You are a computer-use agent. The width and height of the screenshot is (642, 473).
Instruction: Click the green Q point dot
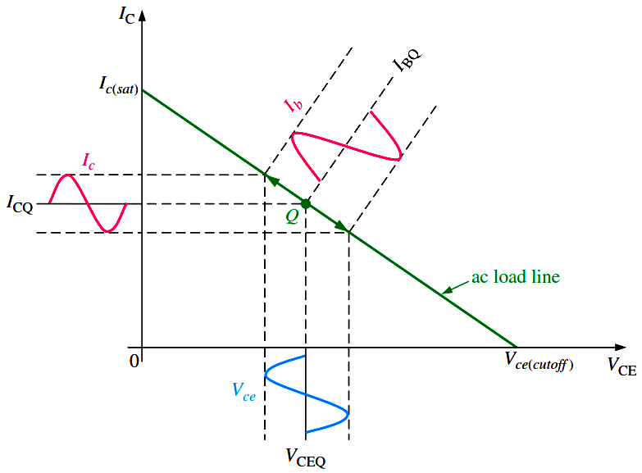[305, 203]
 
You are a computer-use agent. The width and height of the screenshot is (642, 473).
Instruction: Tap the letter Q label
[293, 217]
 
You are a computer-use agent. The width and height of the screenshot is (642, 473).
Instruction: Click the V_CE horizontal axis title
[621, 366]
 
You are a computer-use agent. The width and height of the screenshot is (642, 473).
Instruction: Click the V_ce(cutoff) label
[538, 361]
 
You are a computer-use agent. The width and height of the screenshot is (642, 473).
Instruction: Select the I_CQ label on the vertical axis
[20, 204]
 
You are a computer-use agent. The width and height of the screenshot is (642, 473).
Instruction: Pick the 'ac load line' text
[515, 277]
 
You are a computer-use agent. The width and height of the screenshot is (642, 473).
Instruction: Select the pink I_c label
[90, 161]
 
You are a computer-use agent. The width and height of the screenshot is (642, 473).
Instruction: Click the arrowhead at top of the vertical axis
[142, 16]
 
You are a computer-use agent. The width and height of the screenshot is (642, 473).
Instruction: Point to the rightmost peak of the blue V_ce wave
[348, 413]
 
